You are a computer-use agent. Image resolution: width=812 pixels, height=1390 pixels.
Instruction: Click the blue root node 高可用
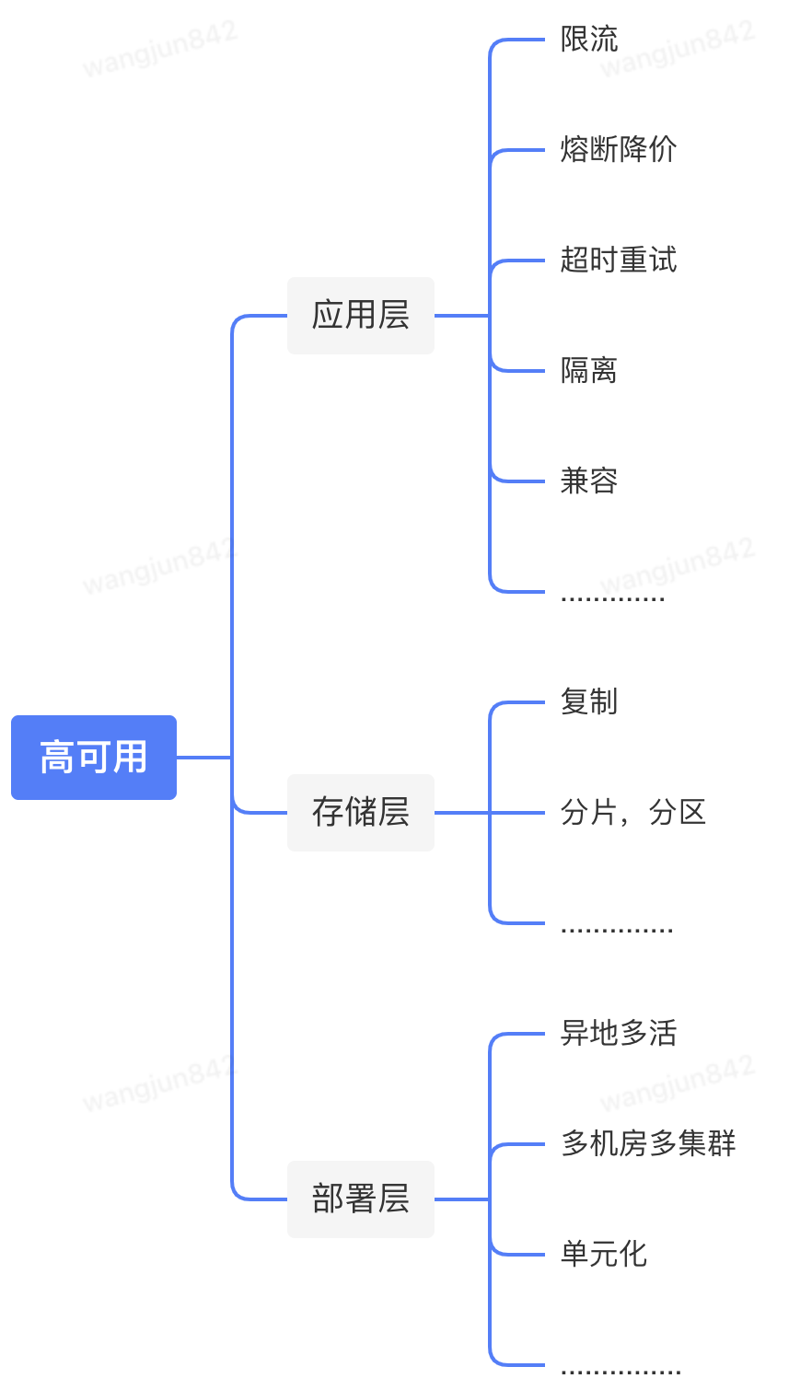tap(94, 758)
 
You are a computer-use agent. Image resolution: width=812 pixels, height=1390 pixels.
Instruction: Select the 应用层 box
tap(361, 316)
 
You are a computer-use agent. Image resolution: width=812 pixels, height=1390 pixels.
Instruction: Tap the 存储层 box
tap(361, 813)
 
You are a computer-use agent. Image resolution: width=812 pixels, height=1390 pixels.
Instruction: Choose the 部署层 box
tap(361, 1199)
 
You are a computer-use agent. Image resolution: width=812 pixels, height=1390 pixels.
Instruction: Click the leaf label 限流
tap(589, 40)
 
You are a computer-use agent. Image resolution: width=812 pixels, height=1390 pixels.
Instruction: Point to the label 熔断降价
tap(619, 149)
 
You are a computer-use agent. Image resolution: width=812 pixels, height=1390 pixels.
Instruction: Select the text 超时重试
tap(619, 261)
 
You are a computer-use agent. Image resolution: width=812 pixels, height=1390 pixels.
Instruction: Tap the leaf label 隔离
tap(589, 371)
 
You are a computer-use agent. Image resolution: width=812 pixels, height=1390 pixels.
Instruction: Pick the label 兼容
tap(589, 481)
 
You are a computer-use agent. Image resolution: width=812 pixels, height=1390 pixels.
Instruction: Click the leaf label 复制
tap(589, 702)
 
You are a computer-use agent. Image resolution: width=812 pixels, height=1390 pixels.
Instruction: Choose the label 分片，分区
tap(633, 813)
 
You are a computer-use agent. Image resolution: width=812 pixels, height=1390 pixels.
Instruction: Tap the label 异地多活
tap(619, 1034)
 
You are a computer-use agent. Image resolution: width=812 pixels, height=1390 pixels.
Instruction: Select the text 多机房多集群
tap(648, 1144)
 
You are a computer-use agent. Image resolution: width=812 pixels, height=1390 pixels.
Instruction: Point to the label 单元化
tap(604, 1254)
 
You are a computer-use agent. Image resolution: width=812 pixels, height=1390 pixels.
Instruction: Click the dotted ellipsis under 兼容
tap(613, 598)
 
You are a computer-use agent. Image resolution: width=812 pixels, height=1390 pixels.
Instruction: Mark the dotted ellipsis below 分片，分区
tap(617, 930)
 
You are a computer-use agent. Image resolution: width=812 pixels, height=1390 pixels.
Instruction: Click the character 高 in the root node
tap(56, 758)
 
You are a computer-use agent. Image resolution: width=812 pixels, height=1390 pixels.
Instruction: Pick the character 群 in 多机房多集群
tap(723, 1144)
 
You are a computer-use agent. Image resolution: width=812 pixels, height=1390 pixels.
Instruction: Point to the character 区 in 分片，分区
tap(692, 813)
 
